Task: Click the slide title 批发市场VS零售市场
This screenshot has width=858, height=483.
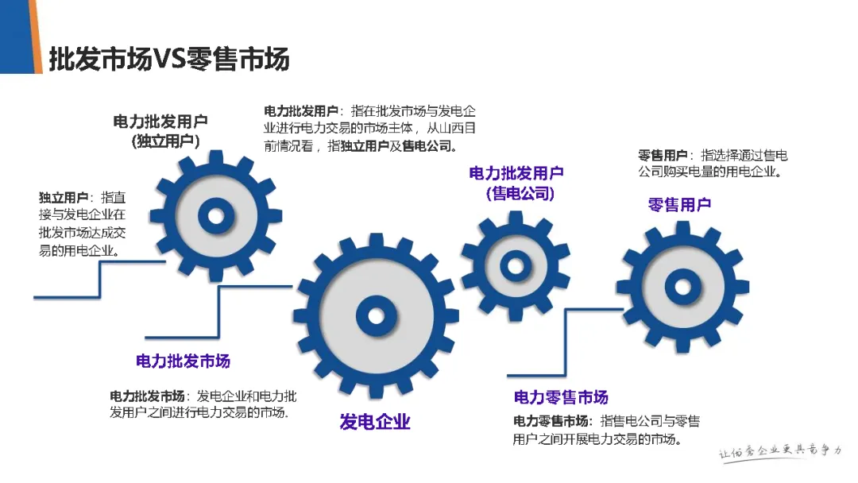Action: coord(168,60)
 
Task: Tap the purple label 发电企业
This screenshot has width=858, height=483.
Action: coord(375,422)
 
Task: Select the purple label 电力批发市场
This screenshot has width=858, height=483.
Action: coord(183,361)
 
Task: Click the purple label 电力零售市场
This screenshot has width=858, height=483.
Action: coord(561,397)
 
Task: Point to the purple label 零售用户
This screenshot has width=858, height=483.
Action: coord(679,204)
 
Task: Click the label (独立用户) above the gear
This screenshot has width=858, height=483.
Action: coord(165,141)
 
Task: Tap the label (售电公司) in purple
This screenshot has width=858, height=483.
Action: coord(520,193)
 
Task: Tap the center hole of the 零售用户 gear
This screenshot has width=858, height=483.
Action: coord(682,286)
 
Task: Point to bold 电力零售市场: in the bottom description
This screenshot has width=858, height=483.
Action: coord(552,421)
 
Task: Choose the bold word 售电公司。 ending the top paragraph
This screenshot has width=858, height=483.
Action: coord(430,146)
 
